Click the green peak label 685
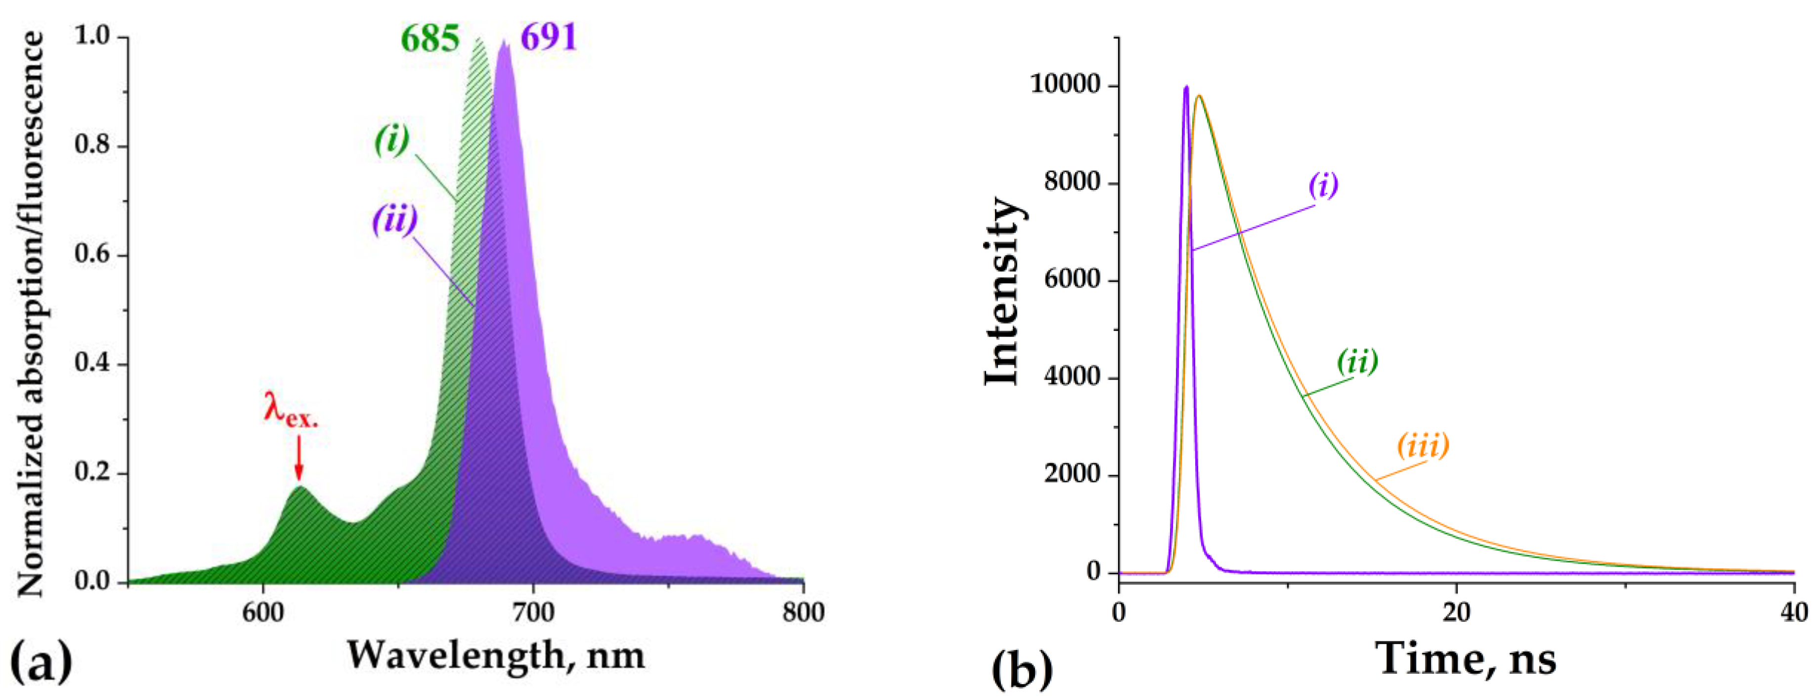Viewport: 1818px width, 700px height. (x=430, y=39)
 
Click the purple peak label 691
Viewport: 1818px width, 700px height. (x=548, y=38)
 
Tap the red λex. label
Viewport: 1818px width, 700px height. (x=290, y=410)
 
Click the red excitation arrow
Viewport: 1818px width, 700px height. (x=299, y=459)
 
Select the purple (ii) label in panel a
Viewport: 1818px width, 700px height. (x=395, y=219)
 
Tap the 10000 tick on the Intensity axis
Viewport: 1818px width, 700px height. (x=1066, y=85)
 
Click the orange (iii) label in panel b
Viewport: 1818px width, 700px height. (x=1423, y=445)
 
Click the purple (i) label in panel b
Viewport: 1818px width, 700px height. (x=1323, y=185)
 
